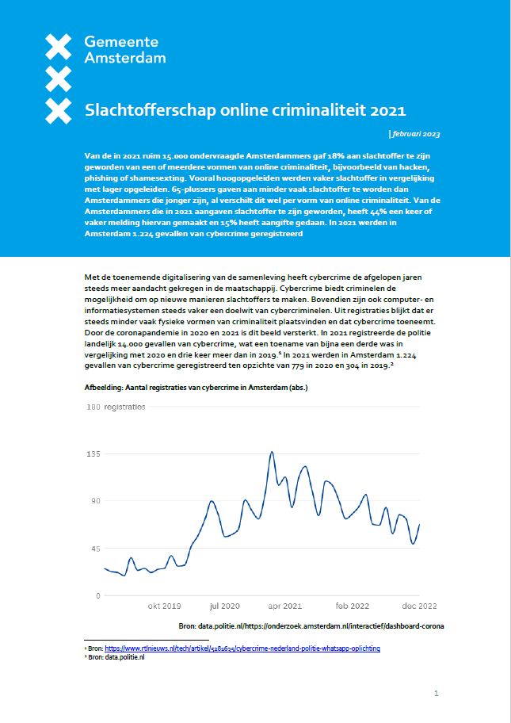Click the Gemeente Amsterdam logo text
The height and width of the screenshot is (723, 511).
(x=124, y=50)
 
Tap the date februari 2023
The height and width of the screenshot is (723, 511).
(x=417, y=134)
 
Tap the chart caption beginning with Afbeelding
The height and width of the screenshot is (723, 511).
(x=196, y=388)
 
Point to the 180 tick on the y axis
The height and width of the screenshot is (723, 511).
(x=93, y=407)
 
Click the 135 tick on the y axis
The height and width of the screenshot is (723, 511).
(x=93, y=454)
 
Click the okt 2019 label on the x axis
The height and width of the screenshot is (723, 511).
(x=164, y=606)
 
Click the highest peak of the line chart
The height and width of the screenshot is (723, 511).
(x=272, y=452)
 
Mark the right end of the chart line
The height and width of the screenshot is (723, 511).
(x=419, y=525)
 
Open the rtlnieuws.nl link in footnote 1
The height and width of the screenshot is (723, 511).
(x=242, y=648)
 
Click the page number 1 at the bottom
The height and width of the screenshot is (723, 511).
(x=436, y=694)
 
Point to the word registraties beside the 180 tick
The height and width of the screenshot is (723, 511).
(x=125, y=407)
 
